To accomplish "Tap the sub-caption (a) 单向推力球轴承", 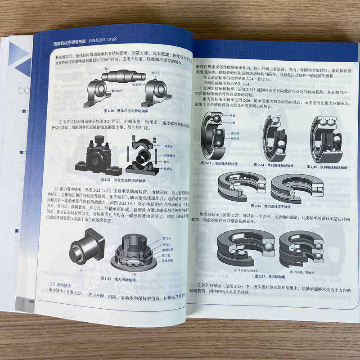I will (240, 271).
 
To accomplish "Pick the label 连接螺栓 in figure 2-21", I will (169, 155).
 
